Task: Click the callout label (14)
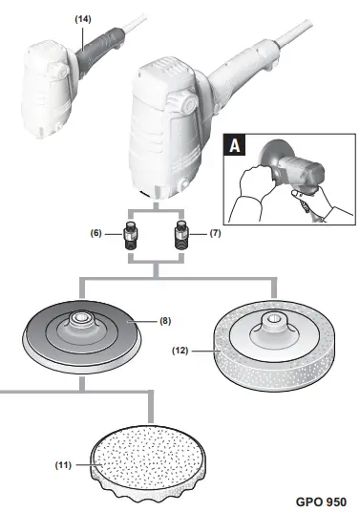[x=85, y=18]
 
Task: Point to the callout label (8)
[x=164, y=322]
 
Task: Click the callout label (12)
[x=183, y=351]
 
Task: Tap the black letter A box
[x=233, y=146]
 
